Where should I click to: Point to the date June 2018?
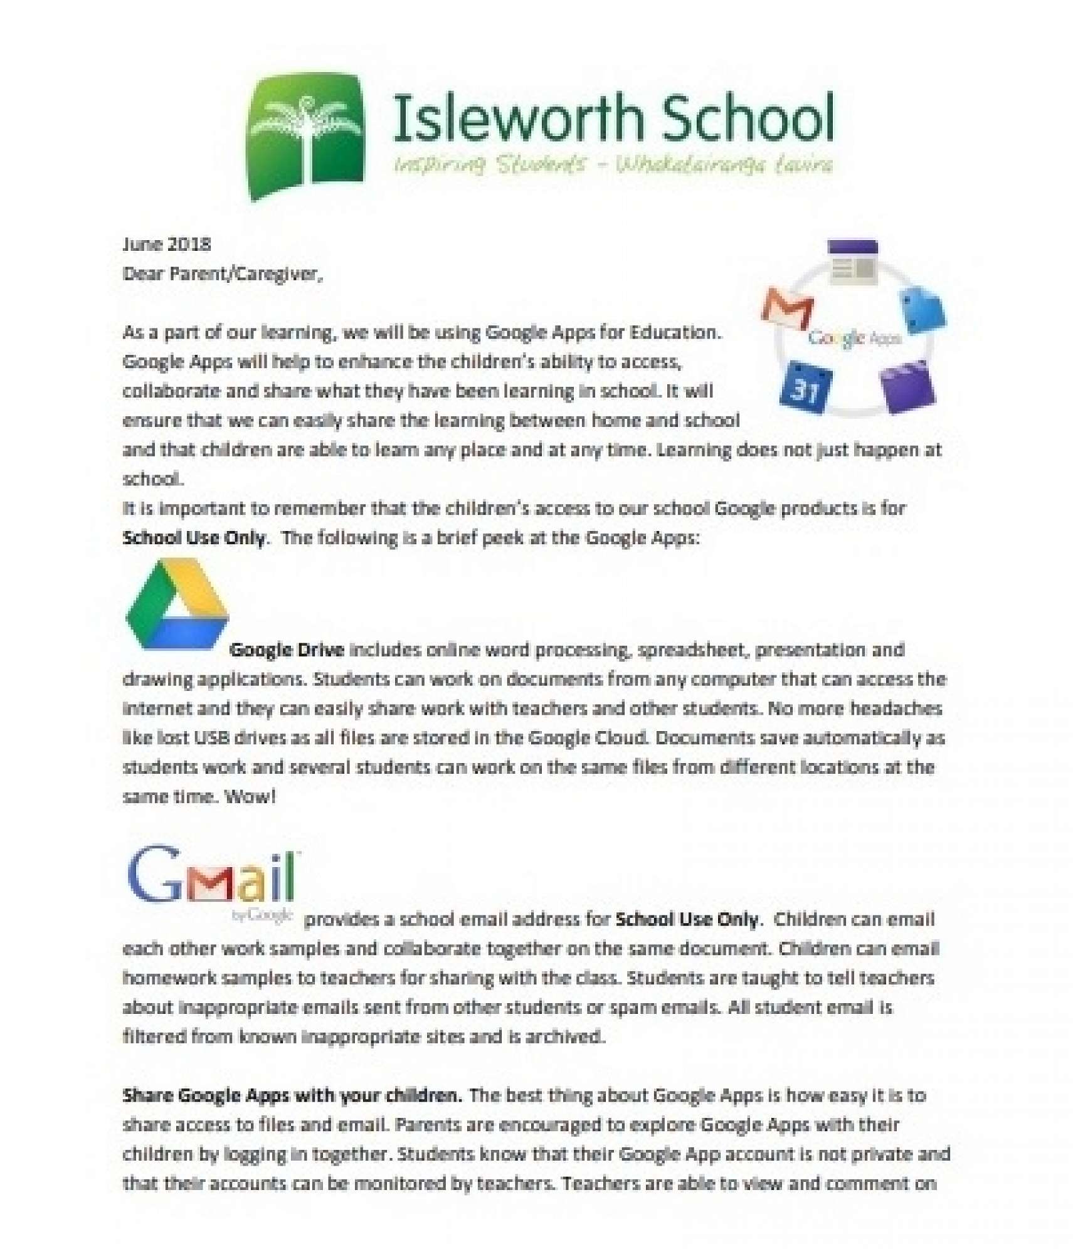coord(167,244)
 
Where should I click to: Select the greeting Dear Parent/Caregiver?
coord(223,274)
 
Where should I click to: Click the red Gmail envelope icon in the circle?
coord(788,308)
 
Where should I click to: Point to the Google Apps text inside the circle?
coord(854,339)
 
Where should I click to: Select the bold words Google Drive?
coord(287,650)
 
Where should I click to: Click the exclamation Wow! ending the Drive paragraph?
coord(250,797)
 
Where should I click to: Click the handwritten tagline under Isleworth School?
coord(613,165)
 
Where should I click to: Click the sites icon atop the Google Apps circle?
coord(852,261)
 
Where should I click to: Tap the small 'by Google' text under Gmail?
coord(262,916)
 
